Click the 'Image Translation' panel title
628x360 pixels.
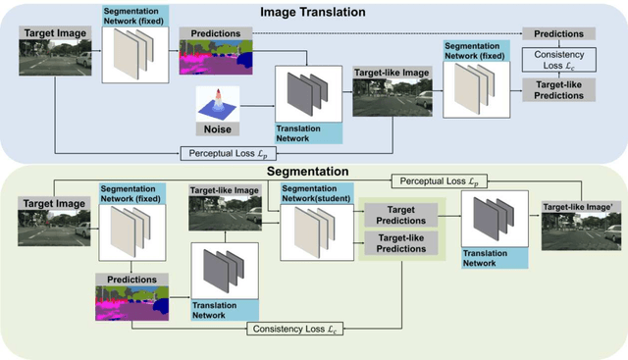(x=313, y=11)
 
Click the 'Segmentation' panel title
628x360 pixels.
(x=313, y=171)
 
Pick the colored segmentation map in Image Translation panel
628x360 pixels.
(x=211, y=57)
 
